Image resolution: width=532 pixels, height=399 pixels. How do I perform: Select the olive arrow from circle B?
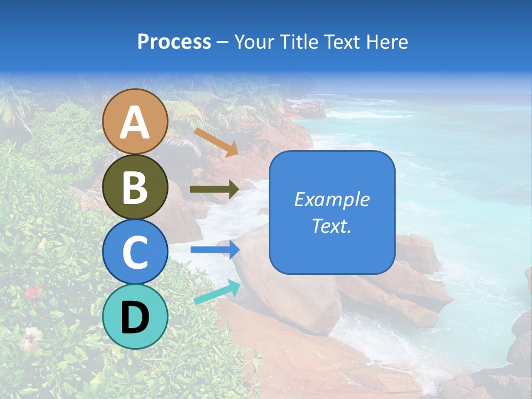(x=214, y=189)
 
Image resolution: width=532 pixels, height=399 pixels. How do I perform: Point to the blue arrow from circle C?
(x=214, y=249)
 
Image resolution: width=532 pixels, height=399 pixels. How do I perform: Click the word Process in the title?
(x=174, y=42)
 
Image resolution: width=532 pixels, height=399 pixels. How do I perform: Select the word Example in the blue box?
(x=331, y=199)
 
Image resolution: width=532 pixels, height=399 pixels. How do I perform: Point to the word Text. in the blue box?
(x=331, y=226)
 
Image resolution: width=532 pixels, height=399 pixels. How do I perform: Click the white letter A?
(x=135, y=122)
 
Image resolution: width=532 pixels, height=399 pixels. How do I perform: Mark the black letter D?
(x=135, y=318)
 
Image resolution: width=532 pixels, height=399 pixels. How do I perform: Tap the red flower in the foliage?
(x=33, y=292)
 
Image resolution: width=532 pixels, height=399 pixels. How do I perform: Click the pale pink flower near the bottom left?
(x=31, y=338)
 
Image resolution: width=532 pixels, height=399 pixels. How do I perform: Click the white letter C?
(x=135, y=253)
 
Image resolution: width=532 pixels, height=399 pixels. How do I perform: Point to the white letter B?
(x=135, y=187)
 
